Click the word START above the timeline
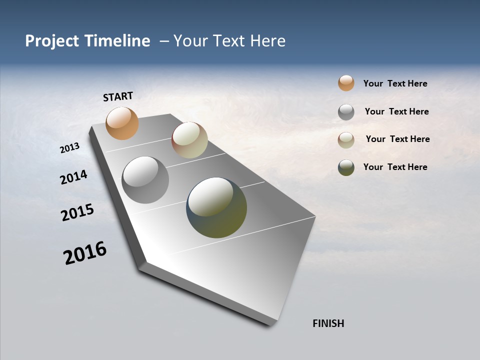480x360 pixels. pos(118,96)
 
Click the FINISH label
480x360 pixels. pos(328,323)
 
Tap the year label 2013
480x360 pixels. pos(69,148)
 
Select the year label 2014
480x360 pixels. pos(73,177)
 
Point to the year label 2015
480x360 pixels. pos(77,212)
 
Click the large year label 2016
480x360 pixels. pos(84,253)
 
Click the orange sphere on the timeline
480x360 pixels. pos(122,123)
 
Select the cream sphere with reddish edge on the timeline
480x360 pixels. pos(189,140)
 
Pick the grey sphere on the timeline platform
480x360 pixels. pos(145,179)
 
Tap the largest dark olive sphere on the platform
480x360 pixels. pos(216,207)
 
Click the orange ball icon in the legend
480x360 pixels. pos(346,83)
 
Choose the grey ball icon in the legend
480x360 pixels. pos(346,112)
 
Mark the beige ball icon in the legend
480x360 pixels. pos(346,140)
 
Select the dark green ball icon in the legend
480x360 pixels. pos(346,167)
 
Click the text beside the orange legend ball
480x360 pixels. pos(395,83)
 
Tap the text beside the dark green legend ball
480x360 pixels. pos(395,167)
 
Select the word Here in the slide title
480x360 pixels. pos(266,41)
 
